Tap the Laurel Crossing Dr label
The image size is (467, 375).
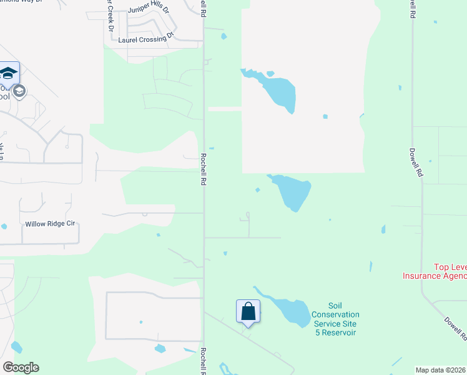tap(145, 39)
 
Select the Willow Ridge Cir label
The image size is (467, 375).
tap(49, 224)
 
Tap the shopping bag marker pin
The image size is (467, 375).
tap(248, 311)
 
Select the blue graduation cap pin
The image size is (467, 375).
tap(8, 73)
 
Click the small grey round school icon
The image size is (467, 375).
tap(19, 92)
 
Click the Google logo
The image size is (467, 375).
tap(21, 367)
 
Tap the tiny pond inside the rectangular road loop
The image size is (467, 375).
tap(141, 322)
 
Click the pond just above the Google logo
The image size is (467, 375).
tap(16, 347)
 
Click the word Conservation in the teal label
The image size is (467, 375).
tap(335, 314)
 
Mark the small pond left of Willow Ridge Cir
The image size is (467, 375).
tap(4, 226)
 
